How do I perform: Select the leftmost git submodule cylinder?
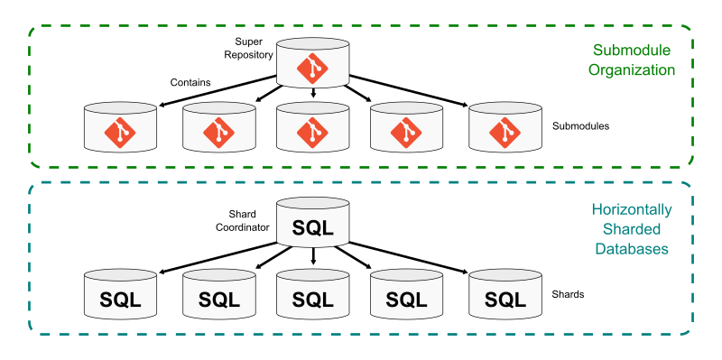click(119, 128)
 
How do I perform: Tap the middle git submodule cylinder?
click(312, 128)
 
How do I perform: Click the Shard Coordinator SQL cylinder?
click(312, 226)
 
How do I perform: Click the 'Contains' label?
click(190, 83)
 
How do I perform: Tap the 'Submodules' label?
click(580, 126)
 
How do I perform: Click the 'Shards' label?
click(569, 295)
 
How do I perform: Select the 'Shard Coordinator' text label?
click(242, 221)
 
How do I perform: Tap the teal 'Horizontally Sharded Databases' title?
click(632, 229)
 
